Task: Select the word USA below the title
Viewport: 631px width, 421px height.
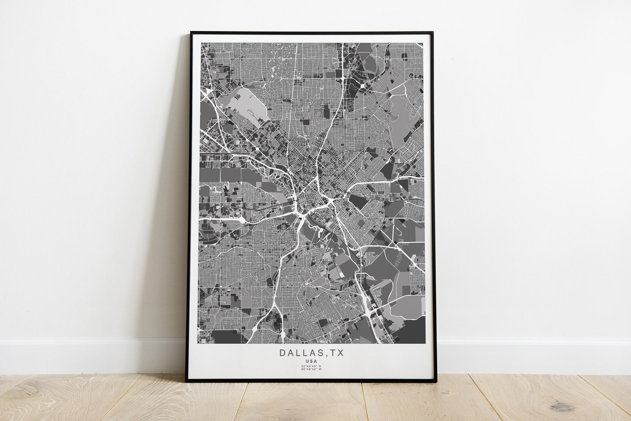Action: point(311,361)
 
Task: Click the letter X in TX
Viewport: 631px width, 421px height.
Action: point(341,353)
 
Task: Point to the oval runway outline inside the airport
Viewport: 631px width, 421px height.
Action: point(252,115)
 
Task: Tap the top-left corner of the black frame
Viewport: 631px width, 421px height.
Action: point(191,32)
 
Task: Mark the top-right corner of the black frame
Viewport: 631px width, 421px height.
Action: point(432,32)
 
